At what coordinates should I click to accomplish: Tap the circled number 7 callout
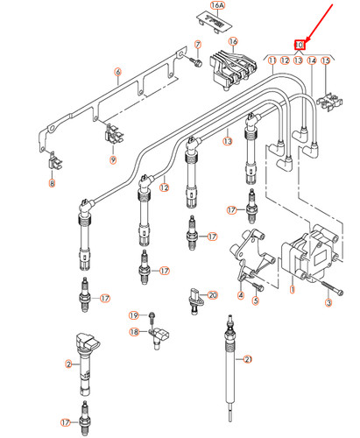point(196,43)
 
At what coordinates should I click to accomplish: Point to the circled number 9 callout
point(112,160)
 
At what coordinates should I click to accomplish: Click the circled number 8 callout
point(51,183)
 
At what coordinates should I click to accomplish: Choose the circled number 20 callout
point(211,297)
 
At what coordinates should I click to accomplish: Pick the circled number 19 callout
point(134,314)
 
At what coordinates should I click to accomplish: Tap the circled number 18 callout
point(134,332)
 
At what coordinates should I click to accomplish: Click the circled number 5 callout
point(256,300)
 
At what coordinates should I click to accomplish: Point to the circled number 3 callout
point(328,303)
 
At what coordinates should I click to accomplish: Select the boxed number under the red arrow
point(300,45)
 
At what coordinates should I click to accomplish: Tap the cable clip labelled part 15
point(330,102)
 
